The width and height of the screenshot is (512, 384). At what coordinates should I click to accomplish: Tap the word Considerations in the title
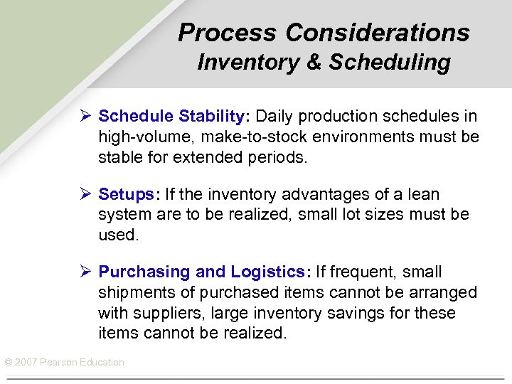(378, 33)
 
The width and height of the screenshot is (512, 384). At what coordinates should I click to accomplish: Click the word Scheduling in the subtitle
(390, 63)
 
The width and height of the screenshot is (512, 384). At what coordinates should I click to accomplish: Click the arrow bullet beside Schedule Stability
(85, 116)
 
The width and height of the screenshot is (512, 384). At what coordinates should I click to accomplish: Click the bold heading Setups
(124, 194)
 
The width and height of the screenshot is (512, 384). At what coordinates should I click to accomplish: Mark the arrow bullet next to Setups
(85, 194)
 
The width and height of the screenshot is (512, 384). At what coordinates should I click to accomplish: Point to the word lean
(423, 194)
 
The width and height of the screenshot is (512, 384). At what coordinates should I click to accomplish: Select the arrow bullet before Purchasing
(85, 272)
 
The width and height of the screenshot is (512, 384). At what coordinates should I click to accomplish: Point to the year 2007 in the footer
(25, 363)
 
